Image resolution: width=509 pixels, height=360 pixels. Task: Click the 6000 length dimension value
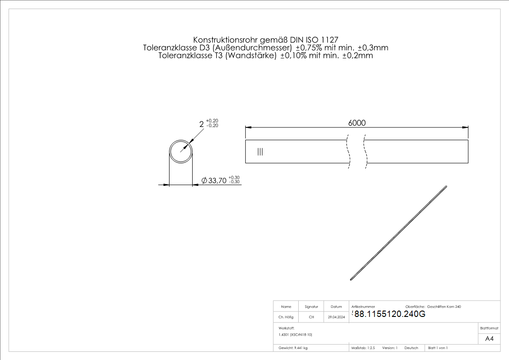(357, 123)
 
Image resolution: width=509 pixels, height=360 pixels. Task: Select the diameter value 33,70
(217, 180)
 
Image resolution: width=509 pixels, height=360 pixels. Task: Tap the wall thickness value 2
(202, 124)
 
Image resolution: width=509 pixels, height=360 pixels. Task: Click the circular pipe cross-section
(181, 140)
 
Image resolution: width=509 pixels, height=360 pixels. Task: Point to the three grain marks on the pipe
(260, 151)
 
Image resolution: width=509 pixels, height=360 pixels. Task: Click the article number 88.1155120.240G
(389, 314)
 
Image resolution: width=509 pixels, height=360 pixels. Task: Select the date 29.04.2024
(336, 317)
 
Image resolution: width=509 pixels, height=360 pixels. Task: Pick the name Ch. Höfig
(286, 317)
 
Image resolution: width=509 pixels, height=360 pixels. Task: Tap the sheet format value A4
(489, 339)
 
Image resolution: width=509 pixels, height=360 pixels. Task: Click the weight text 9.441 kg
(301, 348)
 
